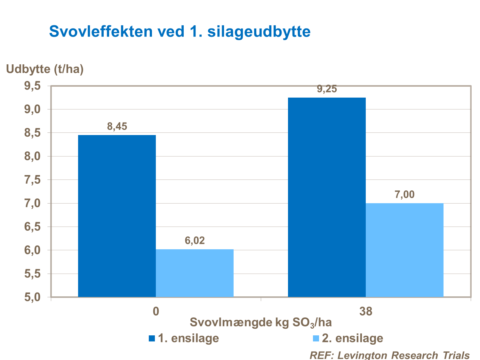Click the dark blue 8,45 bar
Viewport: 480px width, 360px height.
pos(117,216)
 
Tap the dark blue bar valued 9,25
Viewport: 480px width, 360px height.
pos(327,197)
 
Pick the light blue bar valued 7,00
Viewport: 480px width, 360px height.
pos(404,250)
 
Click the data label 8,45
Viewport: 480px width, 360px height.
pos(117,126)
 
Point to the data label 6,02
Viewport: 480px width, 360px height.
pos(195,241)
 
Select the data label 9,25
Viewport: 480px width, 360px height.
pos(327,89)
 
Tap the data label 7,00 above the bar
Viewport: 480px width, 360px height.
pos(404,194)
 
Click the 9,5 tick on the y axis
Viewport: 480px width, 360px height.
pos(31,86)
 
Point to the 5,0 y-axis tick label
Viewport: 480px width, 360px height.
pos(31,297)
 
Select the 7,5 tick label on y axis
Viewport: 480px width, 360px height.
pos(31,180)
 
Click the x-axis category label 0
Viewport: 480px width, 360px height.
pos(156,311)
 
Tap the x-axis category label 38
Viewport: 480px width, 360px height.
pos(366,311)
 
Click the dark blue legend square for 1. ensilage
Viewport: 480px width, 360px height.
pos(152,338)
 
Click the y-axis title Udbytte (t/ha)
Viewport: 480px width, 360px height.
pos(45,69)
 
